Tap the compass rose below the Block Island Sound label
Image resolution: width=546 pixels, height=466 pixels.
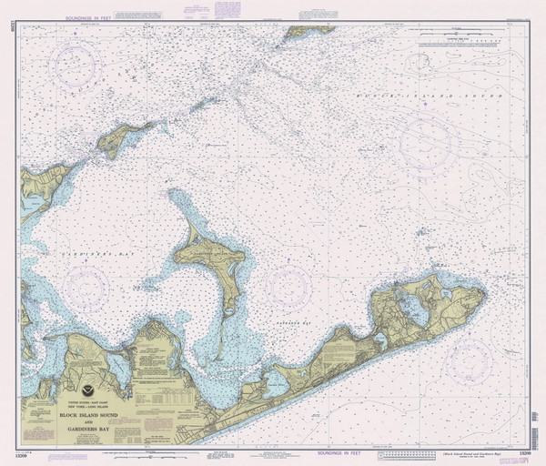[426, 145]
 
